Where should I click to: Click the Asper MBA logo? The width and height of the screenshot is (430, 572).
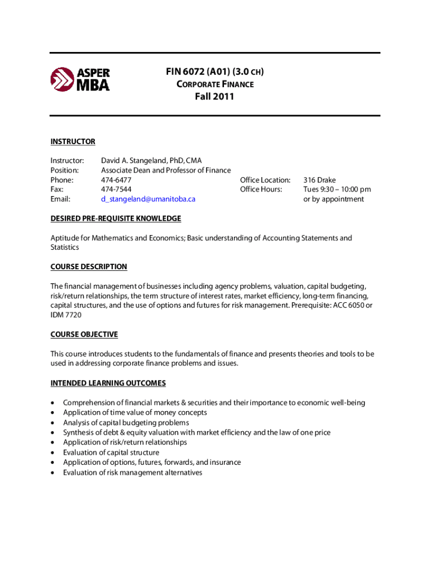[x=80, y=79]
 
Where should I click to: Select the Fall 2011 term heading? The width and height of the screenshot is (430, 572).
[x=214, y=97]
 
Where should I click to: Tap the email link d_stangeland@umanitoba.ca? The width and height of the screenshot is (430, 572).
[x=148, y=199]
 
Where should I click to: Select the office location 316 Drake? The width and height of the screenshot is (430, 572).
[x=319, y=180]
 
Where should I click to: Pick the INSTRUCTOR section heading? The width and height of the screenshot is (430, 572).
[x=73, y=141]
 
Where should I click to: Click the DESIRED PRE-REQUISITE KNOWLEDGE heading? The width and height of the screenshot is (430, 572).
[x=116, y=218]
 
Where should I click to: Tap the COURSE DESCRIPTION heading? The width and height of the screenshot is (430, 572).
[x=89, y=266]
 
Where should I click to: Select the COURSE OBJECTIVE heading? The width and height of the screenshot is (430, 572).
[x=84, y=334]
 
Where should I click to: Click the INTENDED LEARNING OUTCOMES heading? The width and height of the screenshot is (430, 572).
[x=108, y=383]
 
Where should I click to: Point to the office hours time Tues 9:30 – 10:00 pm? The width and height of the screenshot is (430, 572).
[x=337, y=189]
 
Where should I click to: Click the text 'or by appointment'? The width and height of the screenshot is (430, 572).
[x=333, y=199]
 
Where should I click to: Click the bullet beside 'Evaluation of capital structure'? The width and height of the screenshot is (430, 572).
[x=53, y=452]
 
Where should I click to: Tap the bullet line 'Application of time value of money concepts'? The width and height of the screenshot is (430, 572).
[x=135, y=412]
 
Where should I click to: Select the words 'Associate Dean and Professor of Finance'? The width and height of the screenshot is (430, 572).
[x=166, y=170]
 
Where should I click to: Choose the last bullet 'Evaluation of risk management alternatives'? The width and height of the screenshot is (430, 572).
[x=132, y=473]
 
